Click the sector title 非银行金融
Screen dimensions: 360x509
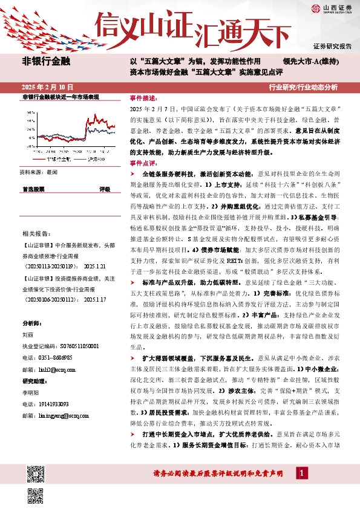click(47, 61)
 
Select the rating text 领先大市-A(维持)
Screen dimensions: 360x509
click(311, 62)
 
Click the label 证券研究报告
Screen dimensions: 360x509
click(332, 46)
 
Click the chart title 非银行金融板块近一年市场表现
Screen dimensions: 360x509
click(60, 97)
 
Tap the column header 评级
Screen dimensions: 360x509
click(105, 189)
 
